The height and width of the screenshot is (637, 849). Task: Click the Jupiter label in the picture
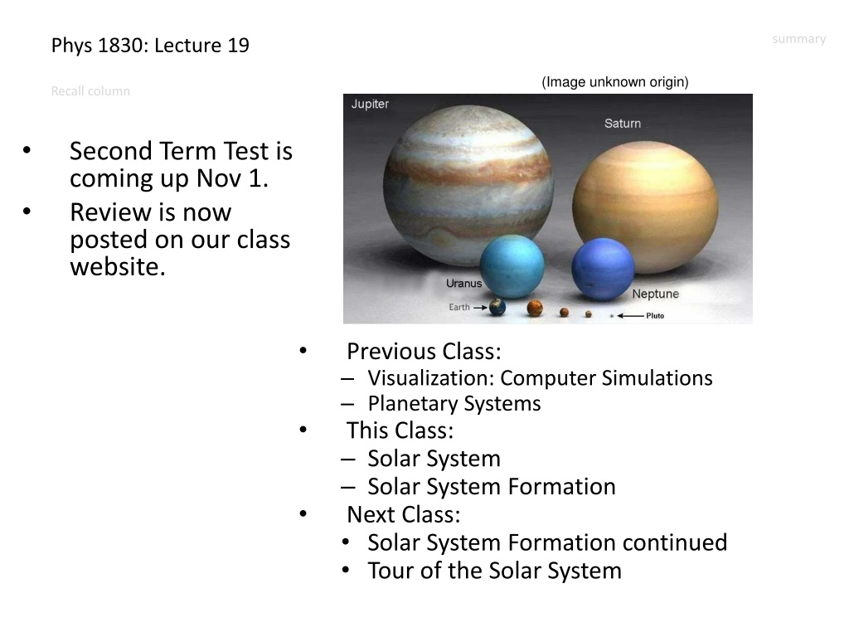tap(370, 104)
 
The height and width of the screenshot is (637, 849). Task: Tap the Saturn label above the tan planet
tap(623, 124)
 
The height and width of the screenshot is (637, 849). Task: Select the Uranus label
tap(463, 284)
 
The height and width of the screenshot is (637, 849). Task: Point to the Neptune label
tap(655, 294)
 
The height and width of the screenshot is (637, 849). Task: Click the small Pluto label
tap(655, 316)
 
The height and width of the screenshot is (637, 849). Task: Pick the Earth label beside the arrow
tap(459, 307)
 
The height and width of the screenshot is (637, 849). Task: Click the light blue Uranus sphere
tap(512, 266)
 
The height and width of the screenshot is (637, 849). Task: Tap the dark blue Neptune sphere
tap(603, 270)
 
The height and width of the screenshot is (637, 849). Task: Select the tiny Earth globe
tap(497, 307)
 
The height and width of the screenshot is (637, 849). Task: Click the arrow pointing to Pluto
tap(630, 316)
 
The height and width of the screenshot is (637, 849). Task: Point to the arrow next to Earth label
tap(480, 307)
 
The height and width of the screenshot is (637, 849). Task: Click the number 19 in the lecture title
tap(238, 46)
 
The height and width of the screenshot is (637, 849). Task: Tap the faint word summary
tap(799, 39)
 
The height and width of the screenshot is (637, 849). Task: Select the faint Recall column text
tap(90, 91)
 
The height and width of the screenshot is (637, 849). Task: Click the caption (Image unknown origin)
tap(615, 82)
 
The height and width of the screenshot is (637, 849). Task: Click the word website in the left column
tap(118, 267)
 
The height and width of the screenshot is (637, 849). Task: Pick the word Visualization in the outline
tap(431, 378)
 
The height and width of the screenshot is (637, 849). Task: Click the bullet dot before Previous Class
tap(303, 351)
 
